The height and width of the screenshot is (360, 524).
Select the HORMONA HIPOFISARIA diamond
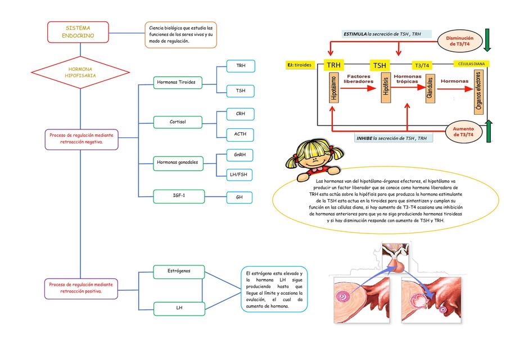tap(80, 71)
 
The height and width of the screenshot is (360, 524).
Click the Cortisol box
tap(177, 121)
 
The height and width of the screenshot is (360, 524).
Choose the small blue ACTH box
tap(240, 134)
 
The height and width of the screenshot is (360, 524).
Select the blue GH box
tap(240, 197)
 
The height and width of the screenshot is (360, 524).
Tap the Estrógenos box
tap(178, 271)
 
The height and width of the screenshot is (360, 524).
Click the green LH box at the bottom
tap(178, 308)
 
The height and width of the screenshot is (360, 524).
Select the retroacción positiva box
tap(81, 288)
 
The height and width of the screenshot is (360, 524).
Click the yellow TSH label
tap(380, 65)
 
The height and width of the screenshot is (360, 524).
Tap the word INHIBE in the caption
tap(364, 138)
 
